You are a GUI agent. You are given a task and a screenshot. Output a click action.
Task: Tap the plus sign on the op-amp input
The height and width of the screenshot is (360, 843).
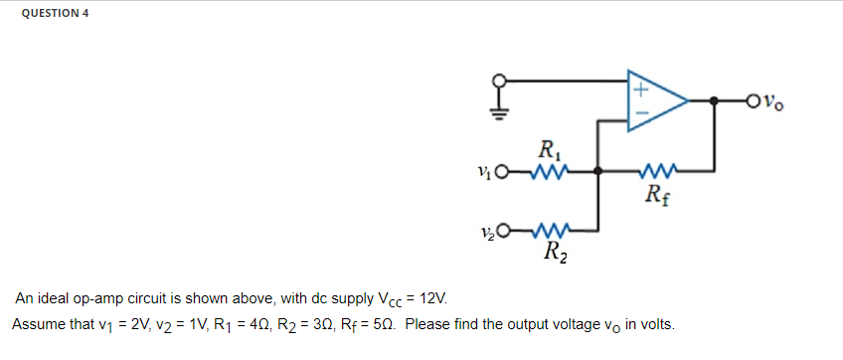coord(641,90)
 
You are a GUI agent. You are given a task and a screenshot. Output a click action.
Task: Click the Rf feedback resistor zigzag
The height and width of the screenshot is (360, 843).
coord(658,170)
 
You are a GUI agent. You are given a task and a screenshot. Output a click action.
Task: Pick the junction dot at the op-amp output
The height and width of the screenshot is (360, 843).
coord(714,100)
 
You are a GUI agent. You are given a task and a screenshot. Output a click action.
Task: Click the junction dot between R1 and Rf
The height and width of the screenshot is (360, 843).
coord(597,170)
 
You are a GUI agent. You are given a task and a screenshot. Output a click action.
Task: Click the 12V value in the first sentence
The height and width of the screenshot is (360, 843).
coord(433,298)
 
